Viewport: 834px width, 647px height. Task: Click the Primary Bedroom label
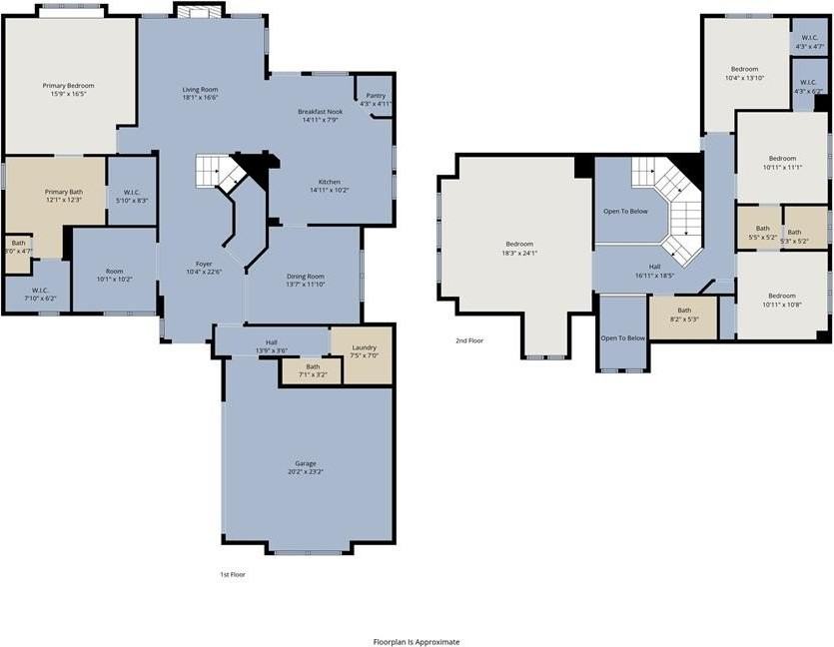[x=68, y=86]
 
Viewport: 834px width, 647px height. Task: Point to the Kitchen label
[x=330, y=181]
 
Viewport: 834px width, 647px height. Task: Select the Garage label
[x=306, y=463]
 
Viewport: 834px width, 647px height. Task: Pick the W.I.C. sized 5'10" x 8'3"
[x=132, y=196]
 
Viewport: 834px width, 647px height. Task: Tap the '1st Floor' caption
[x=233, y=575]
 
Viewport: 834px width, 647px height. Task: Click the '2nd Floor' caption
[x=469, y=340]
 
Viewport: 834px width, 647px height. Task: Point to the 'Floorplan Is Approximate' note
[x=417, y=642]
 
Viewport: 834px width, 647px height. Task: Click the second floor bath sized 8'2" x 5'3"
[x=683, y=315]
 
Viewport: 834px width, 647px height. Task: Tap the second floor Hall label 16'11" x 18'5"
[x=655, y=271]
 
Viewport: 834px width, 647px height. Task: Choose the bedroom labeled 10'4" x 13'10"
[x=744, y=74]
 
